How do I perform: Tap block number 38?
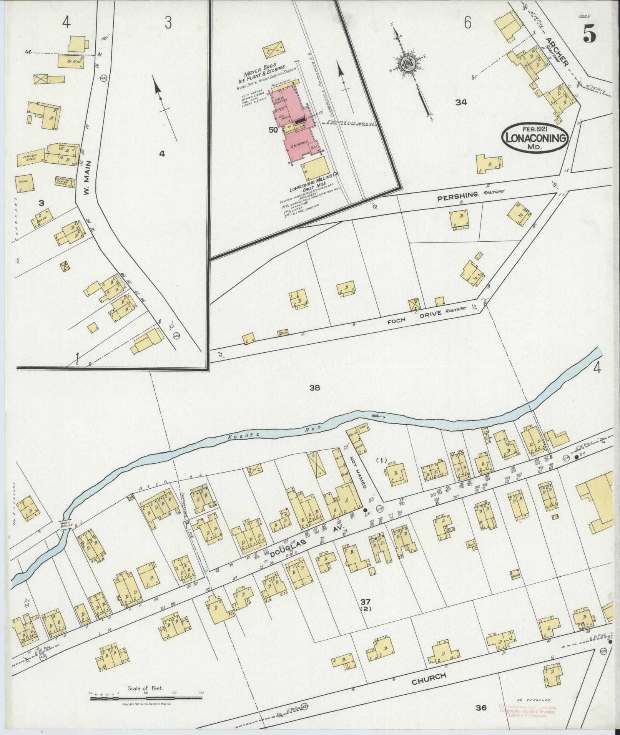[314, 388]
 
